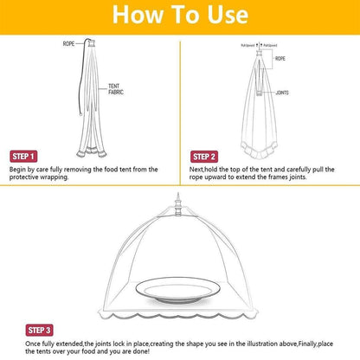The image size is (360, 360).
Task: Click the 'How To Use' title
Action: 180,16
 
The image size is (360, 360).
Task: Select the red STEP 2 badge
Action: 204,157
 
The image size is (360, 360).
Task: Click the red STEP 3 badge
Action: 40,330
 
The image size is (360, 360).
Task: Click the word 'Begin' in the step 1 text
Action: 19,170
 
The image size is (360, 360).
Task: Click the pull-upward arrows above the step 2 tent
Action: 260,45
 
